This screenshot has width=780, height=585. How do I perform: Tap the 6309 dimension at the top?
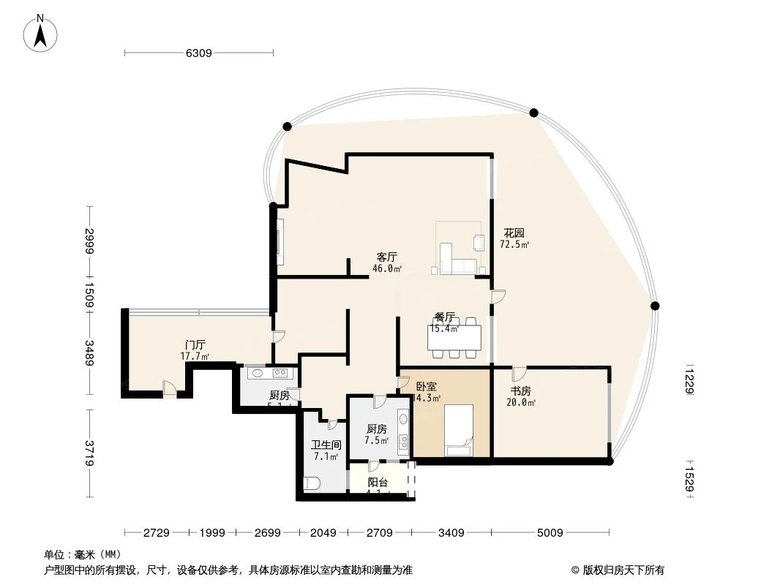198,53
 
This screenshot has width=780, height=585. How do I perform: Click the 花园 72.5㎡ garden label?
514,238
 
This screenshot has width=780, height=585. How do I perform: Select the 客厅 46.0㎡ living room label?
387,263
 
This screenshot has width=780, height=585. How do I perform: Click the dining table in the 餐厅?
456,337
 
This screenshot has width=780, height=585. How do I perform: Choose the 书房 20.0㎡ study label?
520,396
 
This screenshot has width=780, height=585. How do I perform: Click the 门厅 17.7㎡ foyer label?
195,350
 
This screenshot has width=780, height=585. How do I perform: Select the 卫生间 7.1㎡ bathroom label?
326,450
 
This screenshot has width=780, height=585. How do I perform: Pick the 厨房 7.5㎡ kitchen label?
376,434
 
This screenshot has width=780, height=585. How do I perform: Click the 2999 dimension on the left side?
89,242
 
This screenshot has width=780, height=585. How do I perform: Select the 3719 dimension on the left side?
89,453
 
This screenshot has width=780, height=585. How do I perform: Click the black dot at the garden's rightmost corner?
655,306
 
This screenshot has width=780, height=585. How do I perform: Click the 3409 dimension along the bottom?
451,533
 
